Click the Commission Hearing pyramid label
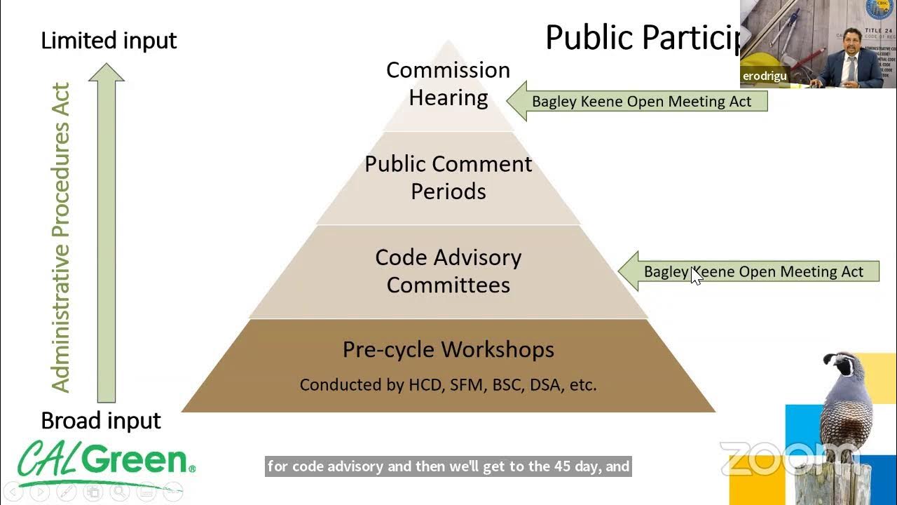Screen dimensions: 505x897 (x=448, y=83)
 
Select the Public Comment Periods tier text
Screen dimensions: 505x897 (x=448, y=177)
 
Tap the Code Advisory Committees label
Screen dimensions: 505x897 (x=448, y=271)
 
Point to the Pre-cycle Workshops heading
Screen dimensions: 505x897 (x=448, y=349)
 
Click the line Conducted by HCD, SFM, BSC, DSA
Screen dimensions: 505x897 (x=448, y=384)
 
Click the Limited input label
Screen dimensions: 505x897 (x=109, y=41)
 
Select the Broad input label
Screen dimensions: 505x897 (x=101, y=420)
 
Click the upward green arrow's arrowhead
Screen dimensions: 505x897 (x=107, y=72)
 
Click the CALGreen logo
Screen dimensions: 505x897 (x=105, y=461)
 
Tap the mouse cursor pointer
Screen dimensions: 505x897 (x=695, y=276)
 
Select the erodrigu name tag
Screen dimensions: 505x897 (x=765, y=76)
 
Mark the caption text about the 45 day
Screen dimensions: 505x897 (x=448, y=466)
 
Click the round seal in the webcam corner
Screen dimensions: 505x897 (x=879, y=8)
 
